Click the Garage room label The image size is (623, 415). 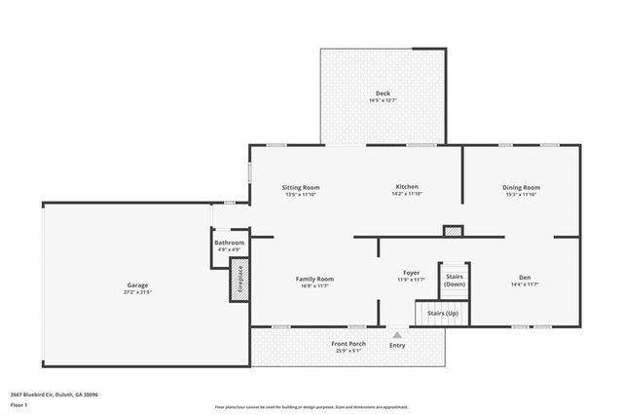(x=137, y=284)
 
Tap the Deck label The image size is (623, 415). (x=383, y=94)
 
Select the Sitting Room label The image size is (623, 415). (x=301, y=187)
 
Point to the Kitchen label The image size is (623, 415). (x=406, y=187)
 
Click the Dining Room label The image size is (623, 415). (x=521, y=187)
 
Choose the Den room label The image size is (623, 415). (x=525, y=278)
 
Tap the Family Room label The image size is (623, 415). (x=314, y=279)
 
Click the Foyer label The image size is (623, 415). (x=412, y=272)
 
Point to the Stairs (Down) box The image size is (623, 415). (x=454, y=280)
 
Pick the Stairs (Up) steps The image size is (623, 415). (x=443, y=314)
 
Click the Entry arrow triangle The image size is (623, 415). (x=397, y=334)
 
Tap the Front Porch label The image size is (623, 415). (x=348, y=344)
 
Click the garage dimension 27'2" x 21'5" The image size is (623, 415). (x=137, y=292)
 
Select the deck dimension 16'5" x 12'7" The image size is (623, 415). (x=383, y=101)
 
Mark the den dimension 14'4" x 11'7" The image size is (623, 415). (x=525, y=284)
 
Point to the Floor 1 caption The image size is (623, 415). (x=19, y=404)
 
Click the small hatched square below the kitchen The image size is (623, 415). (x=453, y=231)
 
